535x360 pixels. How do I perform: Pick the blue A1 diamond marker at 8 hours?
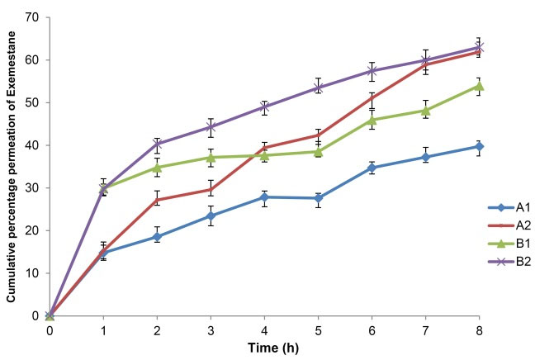479,146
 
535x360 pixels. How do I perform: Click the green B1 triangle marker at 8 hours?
479,86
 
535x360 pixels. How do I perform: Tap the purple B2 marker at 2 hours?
157,144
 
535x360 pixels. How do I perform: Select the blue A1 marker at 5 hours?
318,198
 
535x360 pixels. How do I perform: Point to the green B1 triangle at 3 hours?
211,157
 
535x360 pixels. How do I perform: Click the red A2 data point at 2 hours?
157,200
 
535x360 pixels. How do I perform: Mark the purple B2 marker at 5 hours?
318,88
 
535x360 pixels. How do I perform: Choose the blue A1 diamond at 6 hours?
372,168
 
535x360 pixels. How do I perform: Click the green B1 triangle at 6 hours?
372,120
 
